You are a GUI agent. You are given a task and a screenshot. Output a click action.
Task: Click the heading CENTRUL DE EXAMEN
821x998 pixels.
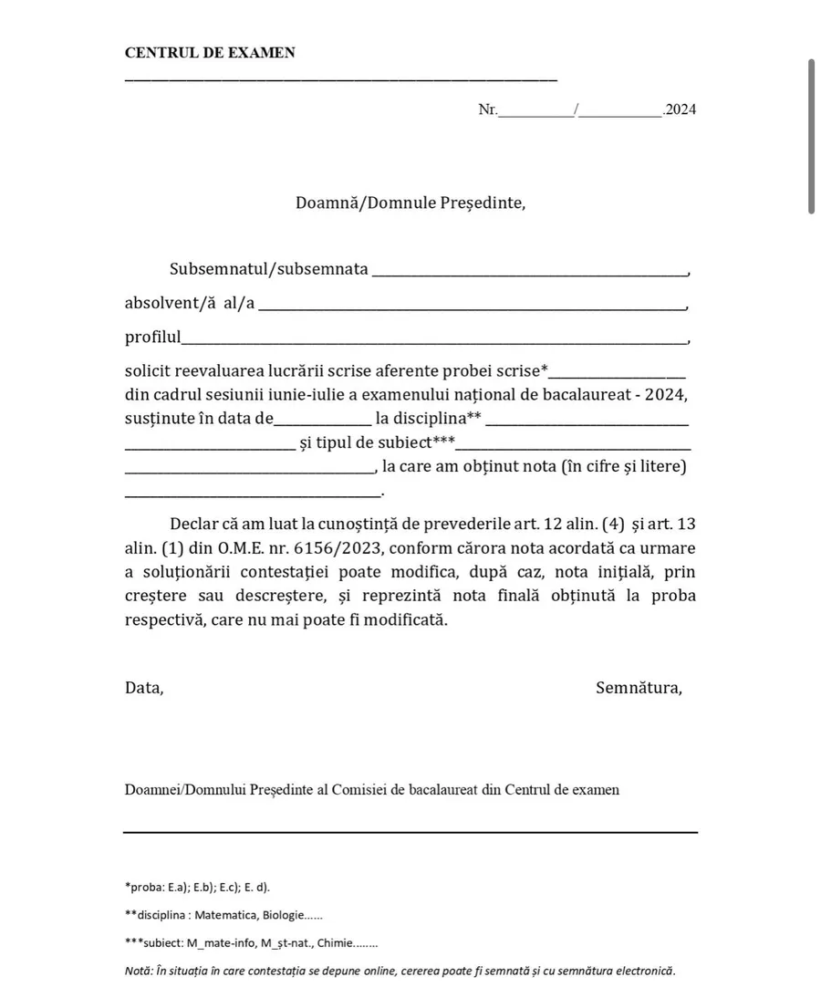pos(210,53)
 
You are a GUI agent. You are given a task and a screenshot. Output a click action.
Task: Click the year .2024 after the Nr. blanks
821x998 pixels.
pos(681,109)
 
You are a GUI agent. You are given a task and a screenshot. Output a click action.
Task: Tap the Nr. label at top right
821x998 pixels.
pos(487,109)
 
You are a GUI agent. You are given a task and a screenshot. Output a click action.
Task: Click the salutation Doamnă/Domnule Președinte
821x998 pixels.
pos(410,202)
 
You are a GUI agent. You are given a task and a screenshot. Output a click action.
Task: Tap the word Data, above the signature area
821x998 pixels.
pos(144,688)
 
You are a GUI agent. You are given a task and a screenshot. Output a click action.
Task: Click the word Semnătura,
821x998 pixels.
pos(639,688)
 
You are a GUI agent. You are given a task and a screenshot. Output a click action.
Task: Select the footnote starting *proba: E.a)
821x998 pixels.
pos(197,886)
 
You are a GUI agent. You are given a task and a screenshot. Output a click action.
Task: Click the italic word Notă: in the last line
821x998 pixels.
pos(139,971)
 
